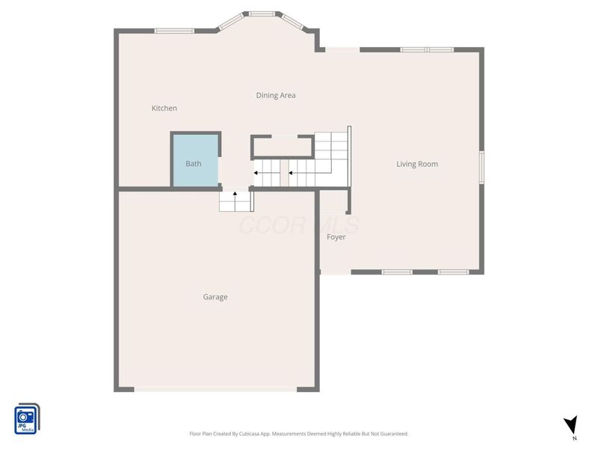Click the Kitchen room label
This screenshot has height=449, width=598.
[x=164, y=109]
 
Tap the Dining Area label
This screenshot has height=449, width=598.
[x=276, y=95]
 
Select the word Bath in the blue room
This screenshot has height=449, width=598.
[x=194, y=164]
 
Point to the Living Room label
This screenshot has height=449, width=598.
[x=417, y=164]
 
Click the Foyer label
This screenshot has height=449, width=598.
[x=336, y=237]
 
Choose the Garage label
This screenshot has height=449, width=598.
[x=215, y=297]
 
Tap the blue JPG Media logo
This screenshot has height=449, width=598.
[x=27, y=419]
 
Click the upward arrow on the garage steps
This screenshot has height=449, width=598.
[x=235, y=195]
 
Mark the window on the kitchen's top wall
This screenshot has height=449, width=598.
[x=174, y=31]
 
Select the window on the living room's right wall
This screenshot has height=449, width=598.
[x=482, y=167]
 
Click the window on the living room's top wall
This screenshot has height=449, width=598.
[x=426, y=49]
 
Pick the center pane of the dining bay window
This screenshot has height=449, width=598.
[x=262, y=13]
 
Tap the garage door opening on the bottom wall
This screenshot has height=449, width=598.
[x=215, y=388]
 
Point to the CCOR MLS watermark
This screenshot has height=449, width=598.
[x=299, y=224]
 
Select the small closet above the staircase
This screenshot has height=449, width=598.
[x=282, y=146]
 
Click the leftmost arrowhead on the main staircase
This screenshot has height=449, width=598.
[x=256, y=173]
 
